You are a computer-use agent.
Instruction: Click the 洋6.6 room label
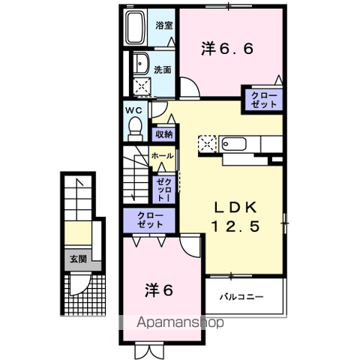tap(227, 49)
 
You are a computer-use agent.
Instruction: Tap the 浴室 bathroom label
tap(163, 25)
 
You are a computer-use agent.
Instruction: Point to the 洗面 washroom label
tap(163, 69)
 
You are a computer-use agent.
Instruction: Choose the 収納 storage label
tap(163, 134)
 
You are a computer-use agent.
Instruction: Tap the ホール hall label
tap(162, 156)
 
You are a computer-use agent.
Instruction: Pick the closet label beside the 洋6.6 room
tap(262, 100)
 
